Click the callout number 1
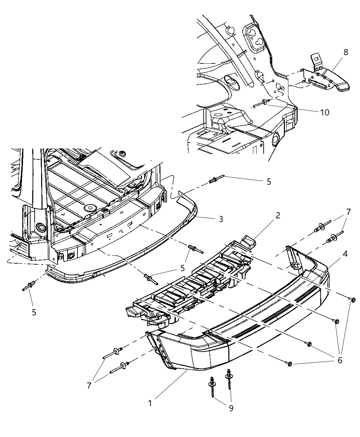(150, 403)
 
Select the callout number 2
(278, 216)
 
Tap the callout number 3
(221, 219)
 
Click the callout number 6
(340, 360)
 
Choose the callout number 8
(346, 52)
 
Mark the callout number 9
(231, 408)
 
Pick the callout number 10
(324, 112)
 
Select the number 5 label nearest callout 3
(268, 182)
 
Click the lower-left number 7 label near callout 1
(89, 386)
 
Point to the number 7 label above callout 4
(348, 212)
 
